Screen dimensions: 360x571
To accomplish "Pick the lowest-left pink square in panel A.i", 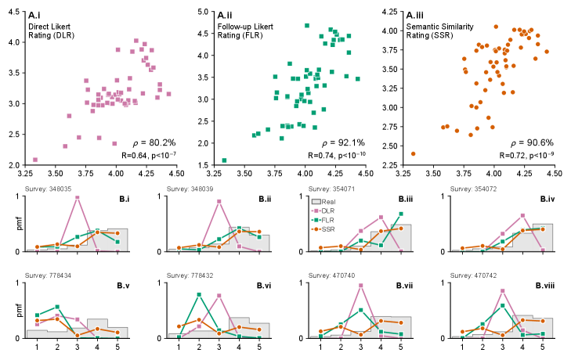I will (x=35, y=160).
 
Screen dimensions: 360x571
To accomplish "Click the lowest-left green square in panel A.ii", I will (x=225, y=160).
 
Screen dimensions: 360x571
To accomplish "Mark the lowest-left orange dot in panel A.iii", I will (x=413, y=153).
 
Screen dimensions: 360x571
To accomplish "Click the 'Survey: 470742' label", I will (x=477, y=276).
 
